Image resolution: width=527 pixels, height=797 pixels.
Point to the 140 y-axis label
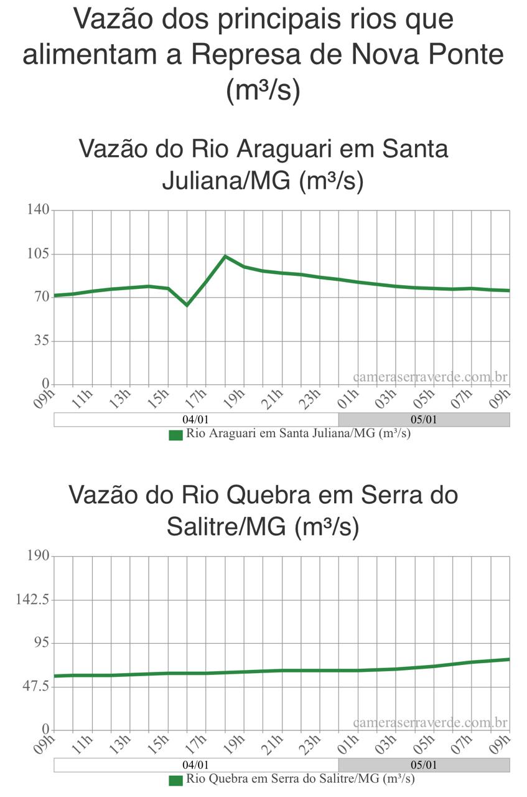pyautogui.click(x=37, y=210)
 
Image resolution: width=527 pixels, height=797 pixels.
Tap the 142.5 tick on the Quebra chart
pyautogui.click(x=32, y=600)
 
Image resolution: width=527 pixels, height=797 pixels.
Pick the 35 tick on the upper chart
pyautogui.click(x=41, y=341)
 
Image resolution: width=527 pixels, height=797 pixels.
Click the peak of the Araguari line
pyautogui.click(x=225, y=256)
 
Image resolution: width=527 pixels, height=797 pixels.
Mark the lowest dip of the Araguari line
pyautogui.click(x=187, y=305)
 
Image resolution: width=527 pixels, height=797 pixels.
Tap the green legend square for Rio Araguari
pyautogui.click(x=176, y=435)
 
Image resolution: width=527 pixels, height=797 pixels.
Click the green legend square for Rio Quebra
pyautogui.click(x=176, y=780)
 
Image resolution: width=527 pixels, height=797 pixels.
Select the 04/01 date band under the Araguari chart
pyautogui.click(x=196, y=420)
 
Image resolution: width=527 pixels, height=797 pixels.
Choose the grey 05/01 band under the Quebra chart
pyautogui.click(x=424, y=765)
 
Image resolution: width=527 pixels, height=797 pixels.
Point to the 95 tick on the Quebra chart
pyautogui.click(x=41, y=643)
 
